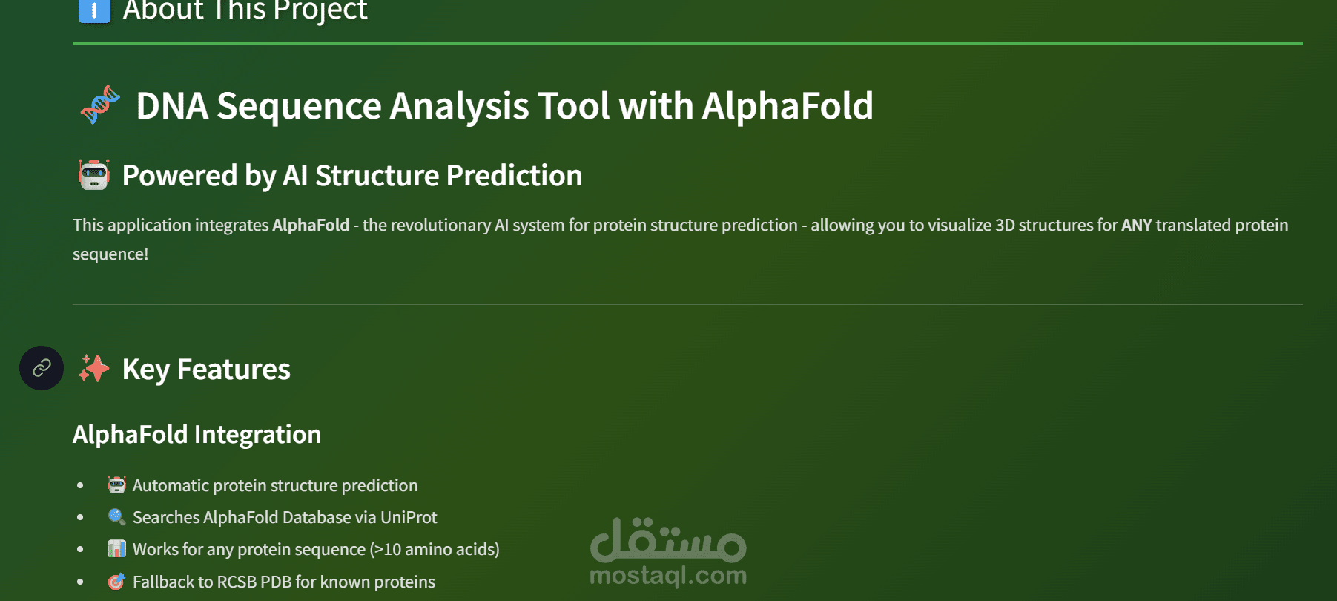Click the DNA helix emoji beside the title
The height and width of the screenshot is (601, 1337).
pos(100,105)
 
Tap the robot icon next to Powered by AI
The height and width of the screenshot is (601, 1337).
pos(94,175)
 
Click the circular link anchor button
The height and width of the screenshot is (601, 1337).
pos(42,368)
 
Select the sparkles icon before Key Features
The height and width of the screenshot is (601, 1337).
pos(94,369)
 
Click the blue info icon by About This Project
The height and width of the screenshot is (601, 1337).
pos(94,10)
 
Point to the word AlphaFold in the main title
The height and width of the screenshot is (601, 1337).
pos(788,105)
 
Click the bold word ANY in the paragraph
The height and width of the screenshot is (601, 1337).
pos(1137,225)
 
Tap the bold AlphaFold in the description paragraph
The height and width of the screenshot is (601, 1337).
pos(311,225)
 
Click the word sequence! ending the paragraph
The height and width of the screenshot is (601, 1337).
pos(110,254)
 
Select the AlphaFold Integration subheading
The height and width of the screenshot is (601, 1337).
pos(197,434)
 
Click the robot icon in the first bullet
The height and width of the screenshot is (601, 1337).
pos(116,485)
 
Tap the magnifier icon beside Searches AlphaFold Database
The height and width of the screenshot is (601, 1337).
pos(116,517)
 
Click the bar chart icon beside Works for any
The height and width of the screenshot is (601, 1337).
pos(116,549)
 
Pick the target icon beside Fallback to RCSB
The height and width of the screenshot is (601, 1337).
pos(116,582)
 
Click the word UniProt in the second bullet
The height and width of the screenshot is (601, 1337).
pos(409,517)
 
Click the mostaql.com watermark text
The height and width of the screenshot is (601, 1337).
pos(668,575)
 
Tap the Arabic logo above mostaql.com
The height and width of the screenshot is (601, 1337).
pos(668,539)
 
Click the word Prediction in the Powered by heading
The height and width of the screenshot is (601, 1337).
pos(514,176)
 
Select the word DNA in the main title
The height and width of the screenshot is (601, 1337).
pos(172,105)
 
